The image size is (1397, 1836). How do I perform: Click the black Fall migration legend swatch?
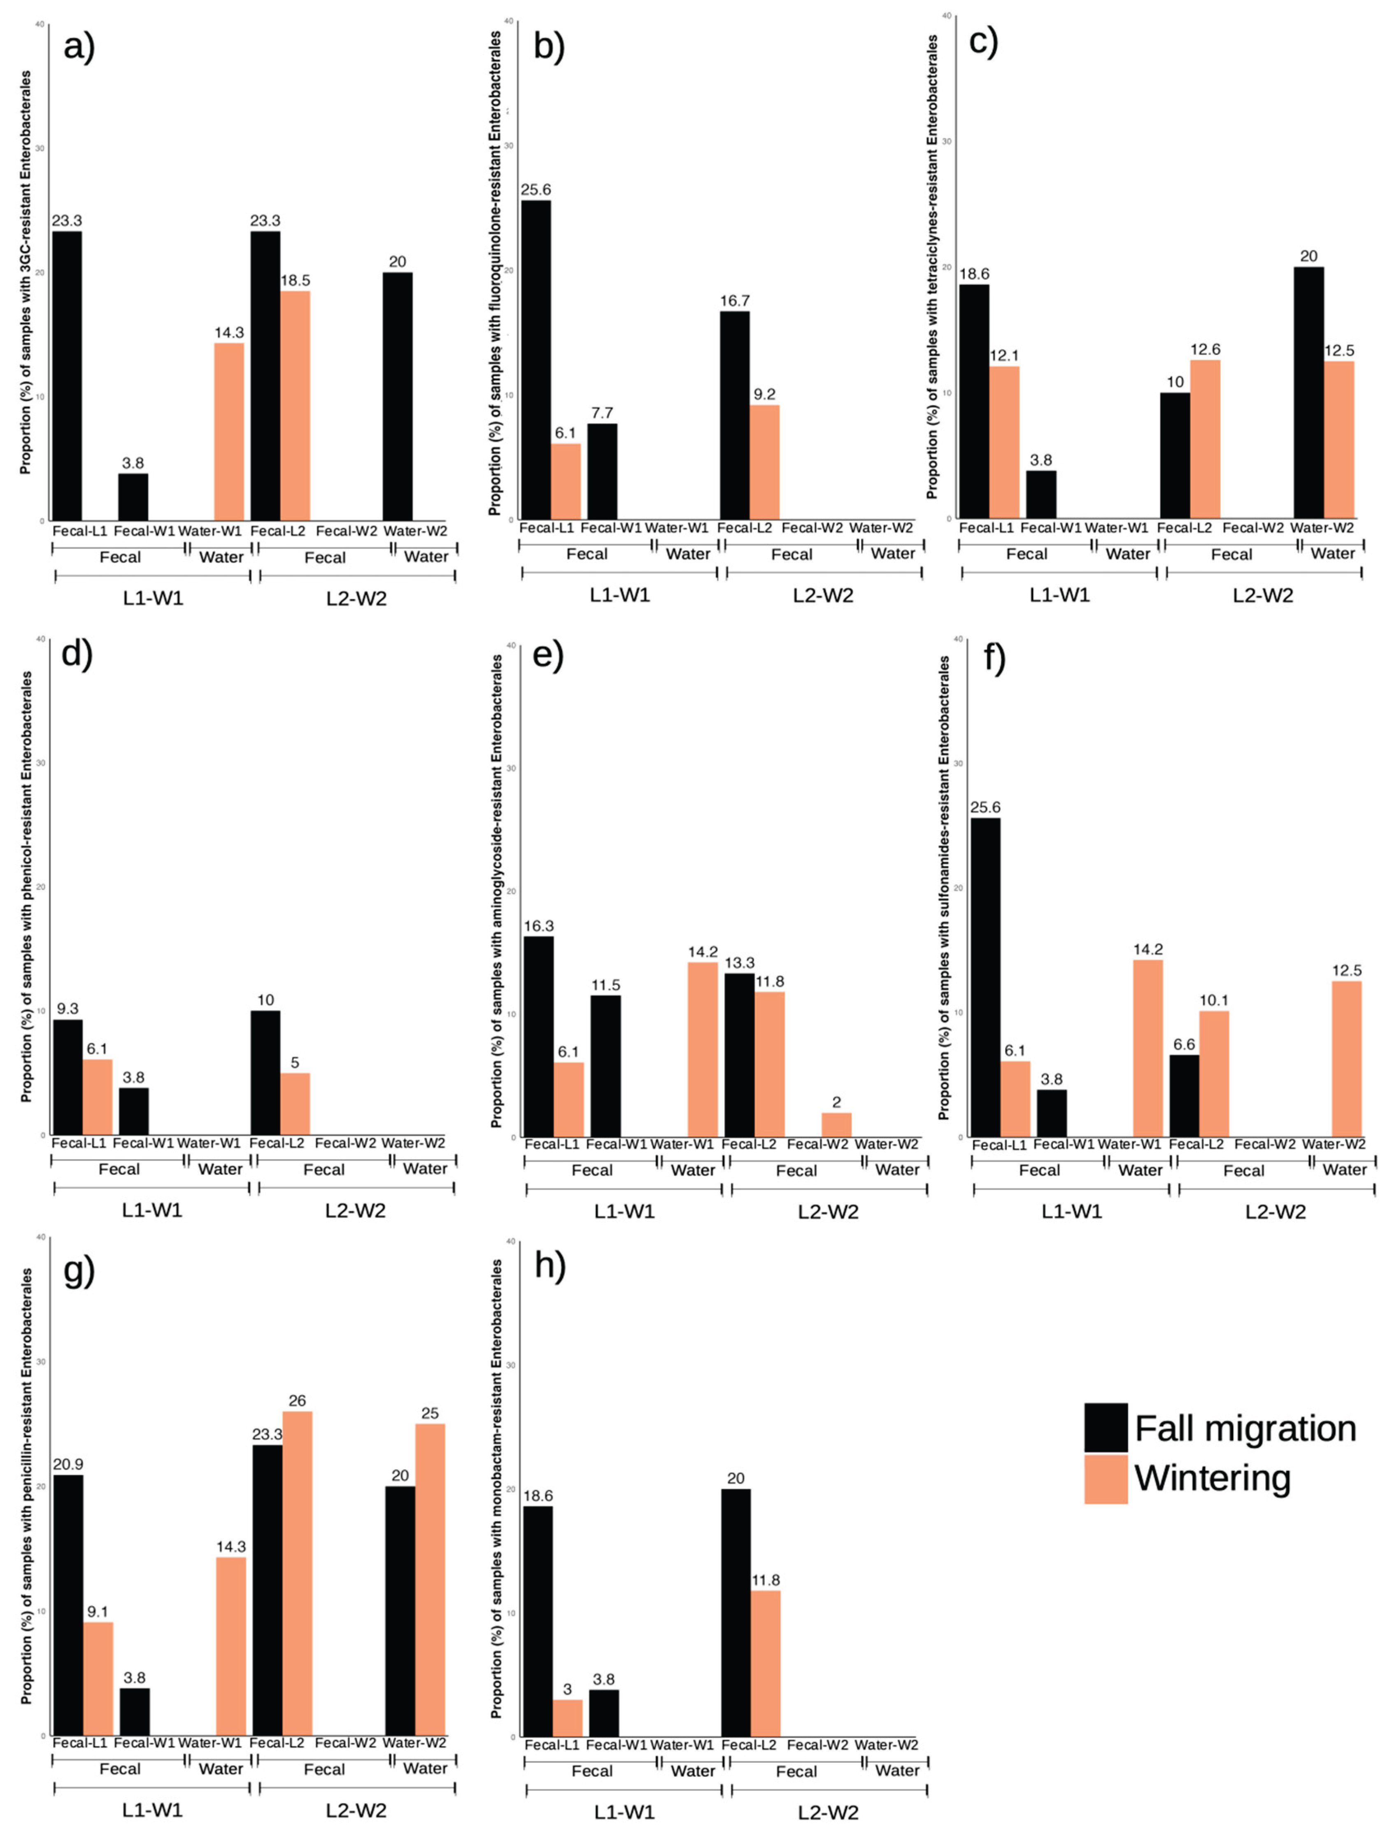(x=1106, y=1428)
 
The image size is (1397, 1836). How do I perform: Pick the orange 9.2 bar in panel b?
(x=764, y=461)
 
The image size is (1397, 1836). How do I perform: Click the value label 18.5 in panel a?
(x=295, y=280)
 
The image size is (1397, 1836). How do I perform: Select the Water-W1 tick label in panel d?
(x=209, y=1142)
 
